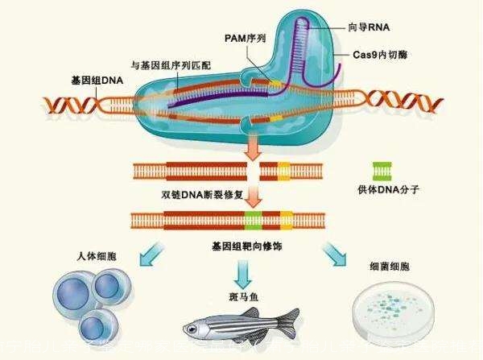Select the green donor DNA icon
click(x=382, y=171)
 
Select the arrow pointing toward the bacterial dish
click(x=335, y=257)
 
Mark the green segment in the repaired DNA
click(x=253, y=218)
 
